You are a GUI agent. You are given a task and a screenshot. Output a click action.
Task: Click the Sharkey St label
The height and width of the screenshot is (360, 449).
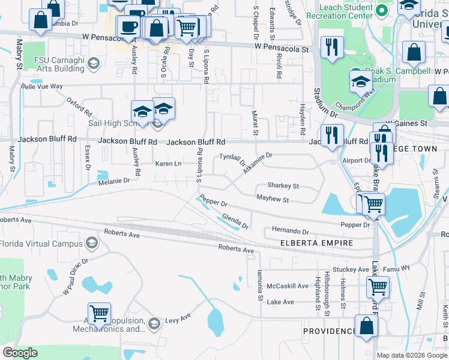pos(283,186)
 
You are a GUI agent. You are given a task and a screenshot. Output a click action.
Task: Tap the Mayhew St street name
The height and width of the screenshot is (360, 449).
pos(273,199)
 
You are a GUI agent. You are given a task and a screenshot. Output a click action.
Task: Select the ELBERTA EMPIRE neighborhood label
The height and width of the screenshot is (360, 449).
pos(317,244)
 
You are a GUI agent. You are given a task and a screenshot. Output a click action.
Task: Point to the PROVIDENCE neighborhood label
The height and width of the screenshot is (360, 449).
pos(330,331)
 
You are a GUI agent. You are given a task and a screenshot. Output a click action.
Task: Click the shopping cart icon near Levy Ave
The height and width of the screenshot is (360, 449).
pos(99,313)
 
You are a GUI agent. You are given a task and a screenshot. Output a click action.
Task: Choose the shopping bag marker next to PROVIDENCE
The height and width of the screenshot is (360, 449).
pos(366,328)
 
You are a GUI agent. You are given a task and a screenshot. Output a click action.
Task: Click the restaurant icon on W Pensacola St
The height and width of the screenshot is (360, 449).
pos(332,46)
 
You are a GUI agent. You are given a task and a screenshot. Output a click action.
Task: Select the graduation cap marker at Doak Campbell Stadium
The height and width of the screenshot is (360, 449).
pos(361,81)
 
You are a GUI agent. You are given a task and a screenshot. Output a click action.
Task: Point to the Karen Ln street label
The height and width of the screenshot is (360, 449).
pos(168,164)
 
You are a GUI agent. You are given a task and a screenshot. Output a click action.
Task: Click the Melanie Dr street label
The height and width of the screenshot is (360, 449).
pos(109,180)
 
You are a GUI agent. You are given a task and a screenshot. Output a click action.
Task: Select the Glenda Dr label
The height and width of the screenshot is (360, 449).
pos(235,221)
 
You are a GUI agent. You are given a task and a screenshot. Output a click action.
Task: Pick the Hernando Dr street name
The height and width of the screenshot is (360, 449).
pos(290,231)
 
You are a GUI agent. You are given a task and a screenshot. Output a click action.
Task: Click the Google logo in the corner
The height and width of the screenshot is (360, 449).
pos(20,352)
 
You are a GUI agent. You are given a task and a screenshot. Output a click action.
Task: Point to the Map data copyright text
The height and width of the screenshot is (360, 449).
pos(411,355)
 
